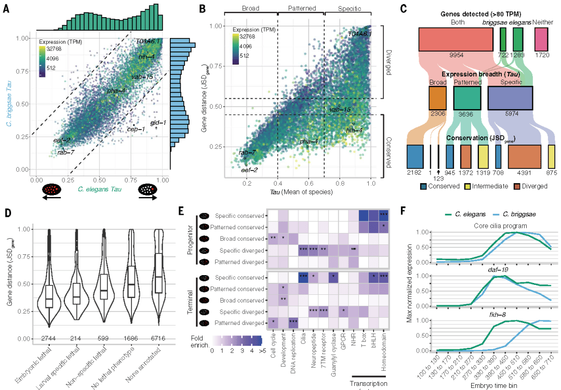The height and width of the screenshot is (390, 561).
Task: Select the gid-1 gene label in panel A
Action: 158,123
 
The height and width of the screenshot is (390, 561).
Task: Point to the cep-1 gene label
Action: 136,129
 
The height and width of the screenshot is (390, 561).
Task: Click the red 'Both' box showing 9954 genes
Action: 456,39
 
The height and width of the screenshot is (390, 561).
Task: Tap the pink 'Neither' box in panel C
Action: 541,39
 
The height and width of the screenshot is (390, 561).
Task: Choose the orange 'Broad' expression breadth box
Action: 438,98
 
